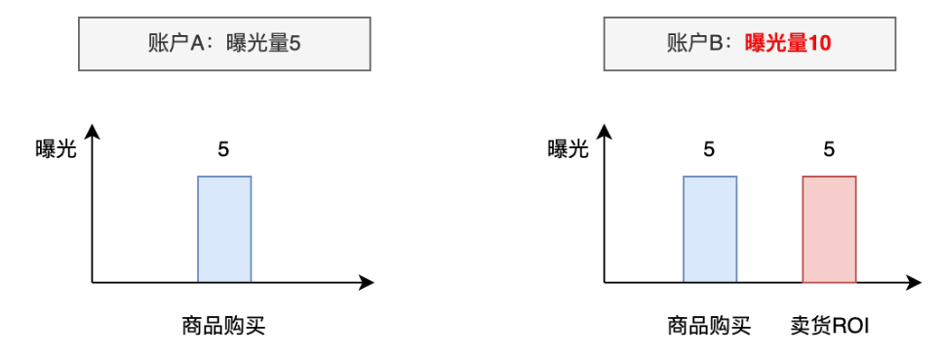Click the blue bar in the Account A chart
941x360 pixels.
coord(224,229)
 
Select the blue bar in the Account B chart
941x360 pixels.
coord(710,229)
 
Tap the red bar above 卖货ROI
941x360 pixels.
coord(829,229)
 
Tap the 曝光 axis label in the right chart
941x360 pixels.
coord(568,149)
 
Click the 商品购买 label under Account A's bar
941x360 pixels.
coord(223,325)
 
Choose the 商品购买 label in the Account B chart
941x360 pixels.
coord(709,325)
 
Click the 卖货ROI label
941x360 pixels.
coord(829,325)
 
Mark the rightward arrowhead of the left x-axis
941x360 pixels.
coord(368,283)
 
